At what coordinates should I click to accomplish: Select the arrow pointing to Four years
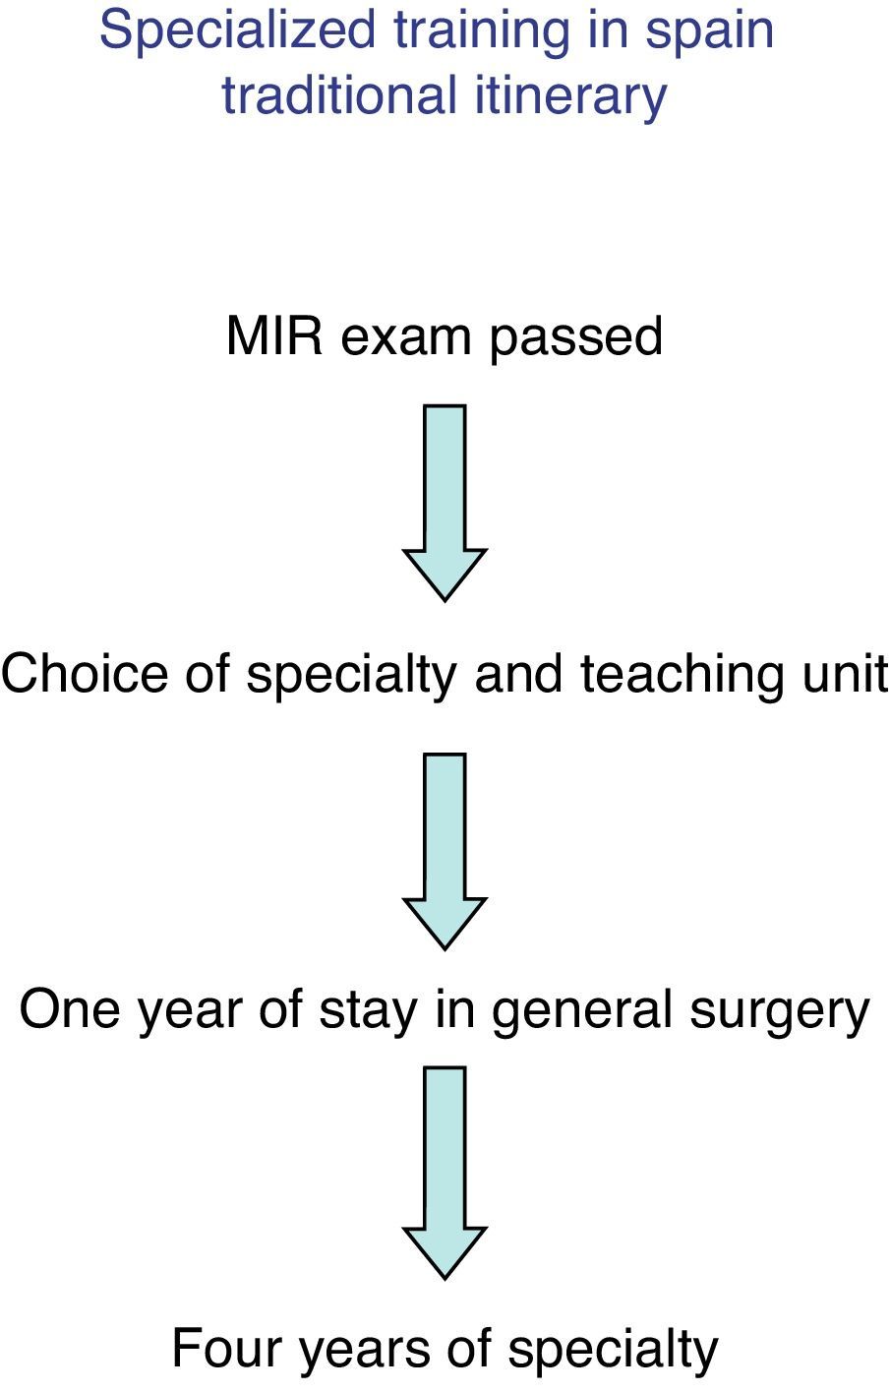point(445,1171)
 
